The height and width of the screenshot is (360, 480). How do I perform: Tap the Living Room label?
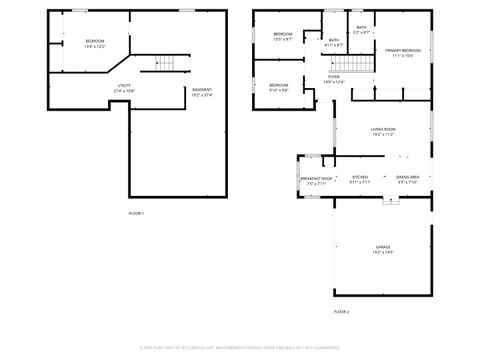click(x=383, y=129)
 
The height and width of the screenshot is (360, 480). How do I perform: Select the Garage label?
click(x=383, y=246)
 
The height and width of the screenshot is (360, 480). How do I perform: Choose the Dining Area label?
click(x=408, y=177)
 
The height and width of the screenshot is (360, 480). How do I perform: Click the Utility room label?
click(x=124, y=86)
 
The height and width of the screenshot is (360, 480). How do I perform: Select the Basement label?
click(x=201, y=90)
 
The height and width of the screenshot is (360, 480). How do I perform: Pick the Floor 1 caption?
click(x=136, y=213)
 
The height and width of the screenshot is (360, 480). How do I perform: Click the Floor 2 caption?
click(x=341, y=312)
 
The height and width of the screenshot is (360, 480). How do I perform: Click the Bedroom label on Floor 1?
click(x=94, y=41)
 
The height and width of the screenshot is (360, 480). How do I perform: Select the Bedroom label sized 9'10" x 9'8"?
click(x=279, y=85)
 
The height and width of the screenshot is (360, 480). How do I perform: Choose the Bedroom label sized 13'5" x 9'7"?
click(x=282, y=35)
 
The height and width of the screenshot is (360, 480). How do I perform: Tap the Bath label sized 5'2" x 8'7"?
click(x=361, y=28)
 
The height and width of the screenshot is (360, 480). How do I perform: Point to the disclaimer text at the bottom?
click(x=240, y=347)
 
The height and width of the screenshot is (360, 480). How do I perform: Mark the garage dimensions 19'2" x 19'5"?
click(x=383, y=251)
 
